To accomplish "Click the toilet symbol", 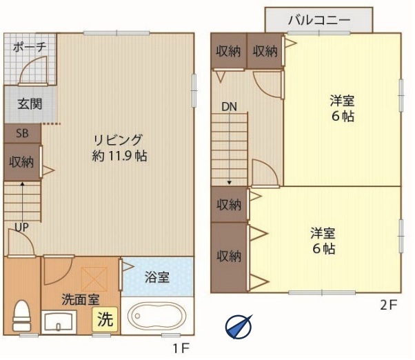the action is (21, 316).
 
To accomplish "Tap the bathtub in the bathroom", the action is (156, 316).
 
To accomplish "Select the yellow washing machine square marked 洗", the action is (105, 319).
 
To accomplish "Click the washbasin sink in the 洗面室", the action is (59, 322).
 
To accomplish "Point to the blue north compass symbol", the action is (239, 327).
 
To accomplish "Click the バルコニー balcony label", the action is (319, 20).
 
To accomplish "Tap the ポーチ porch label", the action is (30, 47).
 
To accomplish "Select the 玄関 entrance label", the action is (30, 103).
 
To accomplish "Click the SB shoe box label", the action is (22, 133).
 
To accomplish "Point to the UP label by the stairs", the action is (21, 227).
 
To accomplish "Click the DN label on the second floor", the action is (229, 107).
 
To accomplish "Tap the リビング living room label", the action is (119, 140).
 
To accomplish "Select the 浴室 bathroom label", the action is (157, 277).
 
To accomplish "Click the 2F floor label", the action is (389, 306).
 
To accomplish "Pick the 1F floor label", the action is (181, 348).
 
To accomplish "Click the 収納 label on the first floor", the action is (21, 162).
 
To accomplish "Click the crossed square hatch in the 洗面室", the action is (94, 279).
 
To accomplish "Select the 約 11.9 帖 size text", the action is (120, 156).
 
